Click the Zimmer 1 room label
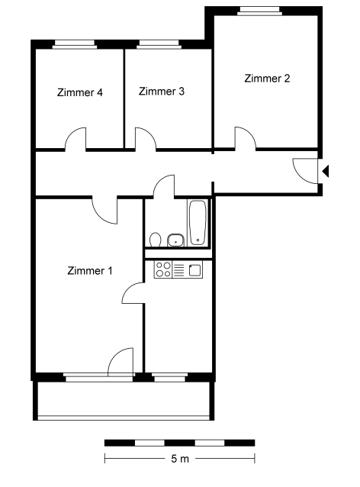point(90,270)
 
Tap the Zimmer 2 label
point(267,79)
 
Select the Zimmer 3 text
point(162,92)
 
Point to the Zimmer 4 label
point(80,92)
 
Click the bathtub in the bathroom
point(198,222)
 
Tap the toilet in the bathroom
point(155,240)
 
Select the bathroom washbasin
point(176,240)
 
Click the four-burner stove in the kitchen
point(163,269)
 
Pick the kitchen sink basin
point(195,269)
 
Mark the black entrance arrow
point(326,171)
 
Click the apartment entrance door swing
point(305,171)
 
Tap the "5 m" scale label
point(180,459)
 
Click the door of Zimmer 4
point(76,139)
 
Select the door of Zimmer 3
point(146,139)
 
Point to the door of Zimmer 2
point(245,138)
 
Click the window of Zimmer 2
point(260,11)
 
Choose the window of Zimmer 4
point(75,44)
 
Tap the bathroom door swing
point(164,186)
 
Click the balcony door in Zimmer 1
point(121,362)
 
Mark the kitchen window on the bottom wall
point(170,377)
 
